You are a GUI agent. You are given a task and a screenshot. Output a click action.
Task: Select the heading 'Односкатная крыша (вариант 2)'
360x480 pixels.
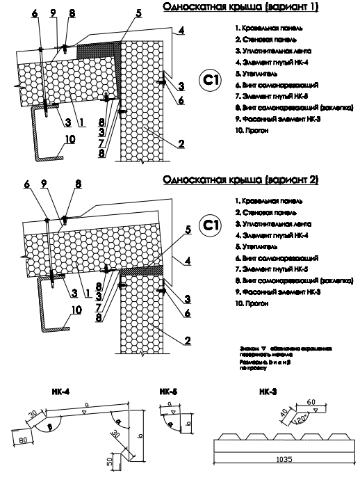(240, 179)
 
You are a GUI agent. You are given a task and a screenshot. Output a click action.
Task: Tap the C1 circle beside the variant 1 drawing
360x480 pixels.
(208, 80)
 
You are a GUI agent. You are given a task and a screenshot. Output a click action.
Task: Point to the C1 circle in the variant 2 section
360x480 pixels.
(208, 225)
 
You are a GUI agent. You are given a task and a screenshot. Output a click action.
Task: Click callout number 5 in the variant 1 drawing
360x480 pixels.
(138, 13)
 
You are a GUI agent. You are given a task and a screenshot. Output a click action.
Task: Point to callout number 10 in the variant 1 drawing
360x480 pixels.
(69, 139)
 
